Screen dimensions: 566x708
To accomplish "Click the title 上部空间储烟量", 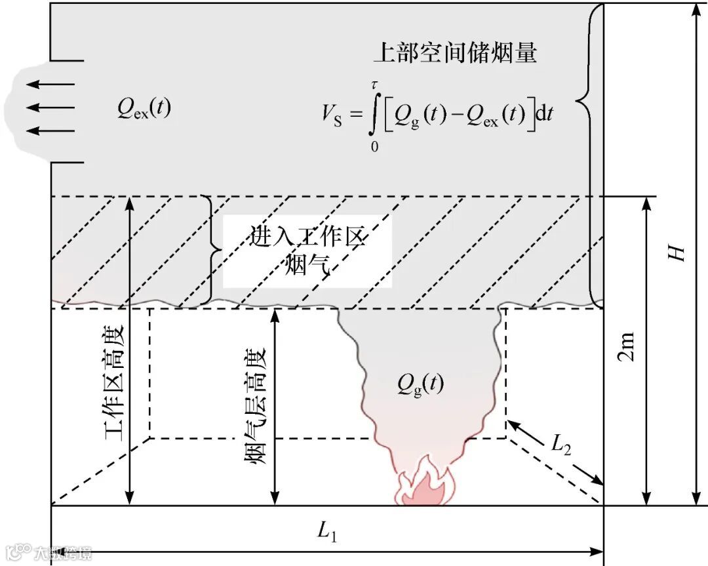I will (455, 52).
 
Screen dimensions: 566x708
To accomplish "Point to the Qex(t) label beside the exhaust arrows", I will (144, 108).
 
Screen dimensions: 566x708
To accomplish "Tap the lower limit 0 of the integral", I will (374, 147).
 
